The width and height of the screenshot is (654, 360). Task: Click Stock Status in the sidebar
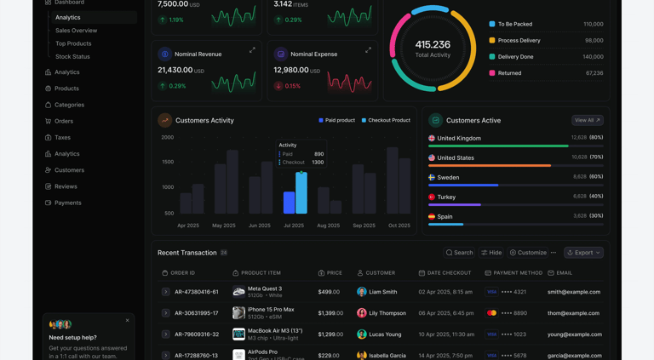pos(72,57)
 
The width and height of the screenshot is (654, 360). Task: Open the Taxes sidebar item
pos(62,137)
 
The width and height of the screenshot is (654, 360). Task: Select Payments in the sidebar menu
pos(67,203)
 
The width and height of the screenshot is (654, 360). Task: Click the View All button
pos(587,121)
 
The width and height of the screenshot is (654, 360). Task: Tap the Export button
pos(583,253)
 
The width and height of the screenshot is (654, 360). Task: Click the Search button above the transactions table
pos(459,253)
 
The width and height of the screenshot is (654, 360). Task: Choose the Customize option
pos(528,253)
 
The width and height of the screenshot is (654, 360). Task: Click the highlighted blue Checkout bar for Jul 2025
pos(301,192)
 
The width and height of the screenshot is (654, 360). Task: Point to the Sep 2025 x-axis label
pos(364,226)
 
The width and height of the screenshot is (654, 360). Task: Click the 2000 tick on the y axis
pos(167,137)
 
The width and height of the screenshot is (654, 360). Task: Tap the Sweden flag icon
pos(432,177)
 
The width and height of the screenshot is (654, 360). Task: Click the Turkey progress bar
pos(515,204)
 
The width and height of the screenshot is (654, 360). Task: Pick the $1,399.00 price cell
pos(330,313)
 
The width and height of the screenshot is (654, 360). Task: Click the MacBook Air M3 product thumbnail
pos(238,334)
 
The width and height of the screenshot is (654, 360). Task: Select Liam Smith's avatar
pos(362,292)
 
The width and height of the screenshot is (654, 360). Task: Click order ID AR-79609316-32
pos(197,334)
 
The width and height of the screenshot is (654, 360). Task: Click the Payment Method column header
pos(513,273)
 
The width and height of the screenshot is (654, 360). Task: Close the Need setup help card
pos(128,321)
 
